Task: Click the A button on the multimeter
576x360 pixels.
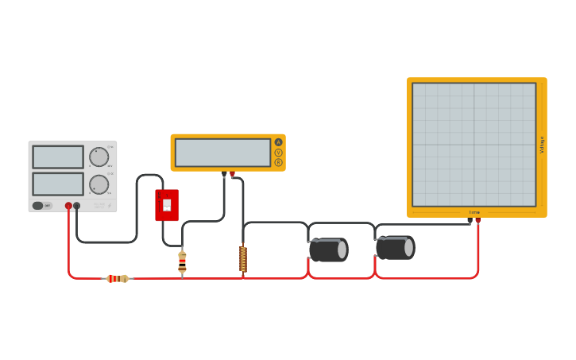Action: [x=278, y=142]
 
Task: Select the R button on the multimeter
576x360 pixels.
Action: [x=278, y=162]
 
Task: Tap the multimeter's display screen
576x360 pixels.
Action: [x=222, y=153]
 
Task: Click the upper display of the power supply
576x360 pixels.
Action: [x=57, y=157]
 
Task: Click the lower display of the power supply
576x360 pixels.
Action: [x=57, y=184]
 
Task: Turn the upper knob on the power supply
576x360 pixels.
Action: [x=99, y=157]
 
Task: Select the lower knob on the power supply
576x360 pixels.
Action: [x=99, y=184]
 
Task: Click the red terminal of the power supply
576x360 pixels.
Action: [x=68, y=206]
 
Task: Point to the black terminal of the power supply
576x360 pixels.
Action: [x=77, y=206]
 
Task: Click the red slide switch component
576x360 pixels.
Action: [x=167, y=205]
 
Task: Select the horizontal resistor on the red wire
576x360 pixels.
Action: [x=118, y=278]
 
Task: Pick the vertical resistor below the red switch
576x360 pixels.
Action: [x=182, y=261]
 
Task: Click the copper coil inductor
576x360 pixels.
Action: [x=243, y=259]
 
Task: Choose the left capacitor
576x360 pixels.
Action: [x=328, y=250]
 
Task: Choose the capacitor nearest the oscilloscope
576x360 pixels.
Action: [x=395, y=248]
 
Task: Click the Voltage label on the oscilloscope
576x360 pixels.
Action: [x=542, y=145]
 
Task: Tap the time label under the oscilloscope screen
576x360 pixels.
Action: [x=474, y=212]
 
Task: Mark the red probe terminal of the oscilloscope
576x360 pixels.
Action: [x=477, y=220]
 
